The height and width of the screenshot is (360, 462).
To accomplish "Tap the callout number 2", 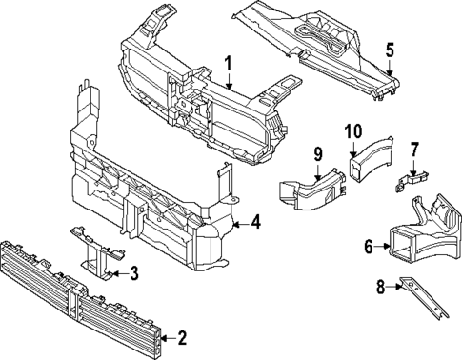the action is click(182, 338).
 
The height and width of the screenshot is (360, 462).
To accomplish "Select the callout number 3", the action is click(134, 273).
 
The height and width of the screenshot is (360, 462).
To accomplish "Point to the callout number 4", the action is click(255, 222).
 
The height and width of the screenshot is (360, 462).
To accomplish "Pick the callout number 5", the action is click(390, 50).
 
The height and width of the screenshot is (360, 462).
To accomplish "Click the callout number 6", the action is click(369, 246).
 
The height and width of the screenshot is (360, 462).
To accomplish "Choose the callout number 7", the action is click(414, 150).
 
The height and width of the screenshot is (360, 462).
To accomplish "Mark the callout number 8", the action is click(380, 287).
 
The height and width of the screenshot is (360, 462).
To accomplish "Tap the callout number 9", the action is click(318, 154).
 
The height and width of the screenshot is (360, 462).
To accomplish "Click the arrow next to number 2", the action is click(168, 339).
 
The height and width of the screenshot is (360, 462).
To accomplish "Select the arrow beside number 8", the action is click(394, 287).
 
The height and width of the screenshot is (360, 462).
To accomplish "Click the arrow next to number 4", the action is click(241, 225).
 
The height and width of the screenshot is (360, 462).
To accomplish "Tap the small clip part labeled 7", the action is click(412, 182).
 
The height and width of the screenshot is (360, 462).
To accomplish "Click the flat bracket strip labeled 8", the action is click(424, 298).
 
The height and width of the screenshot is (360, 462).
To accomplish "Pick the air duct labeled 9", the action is click(312, 190).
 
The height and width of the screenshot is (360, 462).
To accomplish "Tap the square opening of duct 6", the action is click(401, 245).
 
